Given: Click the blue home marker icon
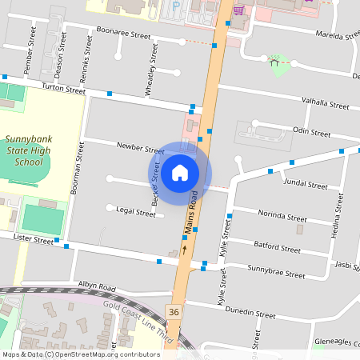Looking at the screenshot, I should click(x=179, y=173).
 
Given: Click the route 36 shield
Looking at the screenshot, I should click(x=174, y=310).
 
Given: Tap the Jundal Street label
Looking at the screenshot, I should click(x=306, y=184).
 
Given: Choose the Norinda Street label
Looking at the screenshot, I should click(x=281, y=216).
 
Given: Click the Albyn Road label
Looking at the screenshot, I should click(x=97, y=286).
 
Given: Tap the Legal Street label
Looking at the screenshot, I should click(x=135, y=212).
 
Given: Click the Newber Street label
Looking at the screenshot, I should click(x=140, y=148).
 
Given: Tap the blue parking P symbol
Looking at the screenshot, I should click(x=176, y=5).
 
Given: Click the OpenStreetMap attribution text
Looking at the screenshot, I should click(x=80, y=354).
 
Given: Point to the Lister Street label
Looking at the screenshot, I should click(x=32, y=240).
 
